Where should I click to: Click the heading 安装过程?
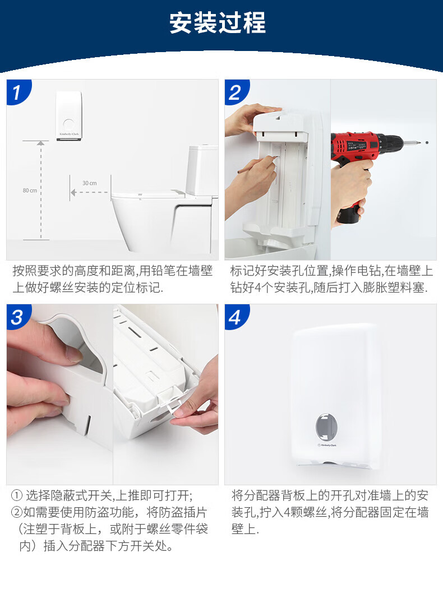click(x=217, y=23)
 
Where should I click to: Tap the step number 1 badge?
click(x=17, y=92)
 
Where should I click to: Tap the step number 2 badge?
click(x=236, y=92)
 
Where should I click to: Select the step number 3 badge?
click(x=17, y=317)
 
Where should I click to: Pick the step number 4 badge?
click(x=236, y=317)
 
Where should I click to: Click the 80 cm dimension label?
click(x=30, y=190)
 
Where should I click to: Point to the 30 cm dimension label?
click(x=89, y=183)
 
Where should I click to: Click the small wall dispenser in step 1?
click(x=68, y=115)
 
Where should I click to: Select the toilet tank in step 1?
click(x=202, y=170)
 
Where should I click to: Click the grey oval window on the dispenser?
click(x=326, y=427)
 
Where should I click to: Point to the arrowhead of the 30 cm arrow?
click(x=73, y=192)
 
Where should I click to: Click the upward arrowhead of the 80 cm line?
click(x=41, y=143)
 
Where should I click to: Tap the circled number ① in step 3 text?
click(x=17, y=495)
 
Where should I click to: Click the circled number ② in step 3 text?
click(x=17, y=512)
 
